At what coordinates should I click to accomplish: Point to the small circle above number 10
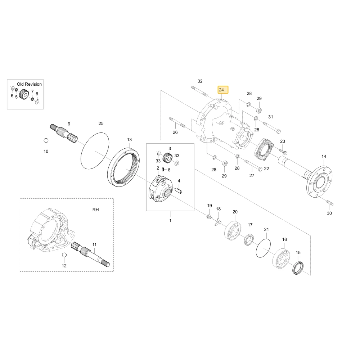click(46, 140)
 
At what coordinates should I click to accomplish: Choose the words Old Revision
click(29, 84)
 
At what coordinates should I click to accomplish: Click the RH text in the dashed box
click(95, 210)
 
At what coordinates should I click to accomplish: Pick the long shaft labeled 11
click(90, 255)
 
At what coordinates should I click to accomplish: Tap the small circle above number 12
click(64, 255)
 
